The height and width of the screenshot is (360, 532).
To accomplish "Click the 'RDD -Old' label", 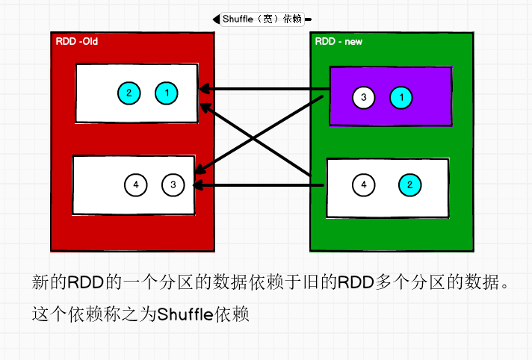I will click(x=77, y=41).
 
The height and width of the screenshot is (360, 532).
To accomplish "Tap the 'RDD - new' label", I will click(x=338, y=41).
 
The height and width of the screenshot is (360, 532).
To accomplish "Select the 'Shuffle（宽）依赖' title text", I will click(x=262, y=19).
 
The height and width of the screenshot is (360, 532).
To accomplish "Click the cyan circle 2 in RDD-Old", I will click(x=129, y=93).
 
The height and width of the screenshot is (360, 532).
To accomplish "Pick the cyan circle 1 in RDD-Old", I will click(x=167, y=93).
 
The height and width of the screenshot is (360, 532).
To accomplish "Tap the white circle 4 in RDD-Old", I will click(x=135, y=184).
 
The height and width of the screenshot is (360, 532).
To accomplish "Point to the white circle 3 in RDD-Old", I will click(x=173, y=184).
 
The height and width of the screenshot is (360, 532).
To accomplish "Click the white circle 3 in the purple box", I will click(x=363, y=97).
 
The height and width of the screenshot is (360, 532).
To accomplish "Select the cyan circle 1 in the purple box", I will click(x=401, y=97).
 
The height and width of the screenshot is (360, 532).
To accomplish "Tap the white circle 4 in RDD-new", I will click(x=364, y=184).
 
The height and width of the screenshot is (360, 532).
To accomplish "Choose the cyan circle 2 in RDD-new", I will click(x=409, y=184).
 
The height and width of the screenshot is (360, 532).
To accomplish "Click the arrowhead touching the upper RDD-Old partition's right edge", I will click(x=203, y=90).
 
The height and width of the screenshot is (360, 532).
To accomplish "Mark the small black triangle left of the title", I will click(x=215, y=19).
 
